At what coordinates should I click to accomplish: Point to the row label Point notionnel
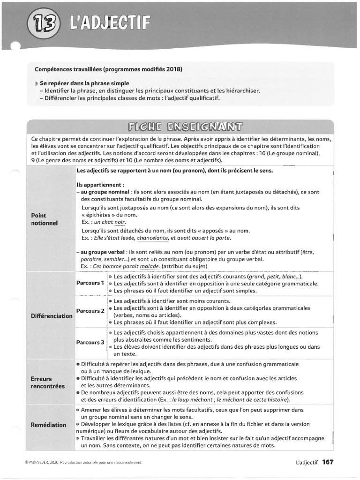(x=44, y=219)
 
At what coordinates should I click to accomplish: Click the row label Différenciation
(x=52, y=315)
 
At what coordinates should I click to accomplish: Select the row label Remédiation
(x=48, y=425)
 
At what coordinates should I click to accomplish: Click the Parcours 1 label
(x=90, y=283)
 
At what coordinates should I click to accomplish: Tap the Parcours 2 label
(x=90, y=311)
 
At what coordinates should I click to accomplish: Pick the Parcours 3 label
(x=90, y=342)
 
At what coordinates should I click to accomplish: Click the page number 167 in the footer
(x=328, y=462)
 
